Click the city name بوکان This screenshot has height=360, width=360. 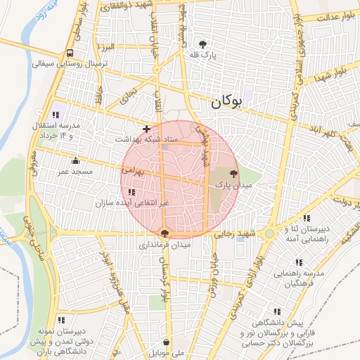click(226, 102)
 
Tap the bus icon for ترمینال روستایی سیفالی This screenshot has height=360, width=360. click(70, 53)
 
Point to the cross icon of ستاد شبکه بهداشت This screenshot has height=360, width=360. click(146, 129)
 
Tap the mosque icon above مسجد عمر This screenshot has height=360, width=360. click(75, 160)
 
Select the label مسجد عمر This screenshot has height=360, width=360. click(74, 172)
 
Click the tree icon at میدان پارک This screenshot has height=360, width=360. click(234, 173)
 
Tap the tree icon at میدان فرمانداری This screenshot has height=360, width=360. click(165, 233)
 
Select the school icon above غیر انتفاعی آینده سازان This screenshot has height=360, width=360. click(133, 192)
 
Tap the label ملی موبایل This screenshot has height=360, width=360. click(166, 354)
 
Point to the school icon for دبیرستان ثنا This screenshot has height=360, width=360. click(305, 218)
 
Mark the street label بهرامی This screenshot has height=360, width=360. click(132, 171)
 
